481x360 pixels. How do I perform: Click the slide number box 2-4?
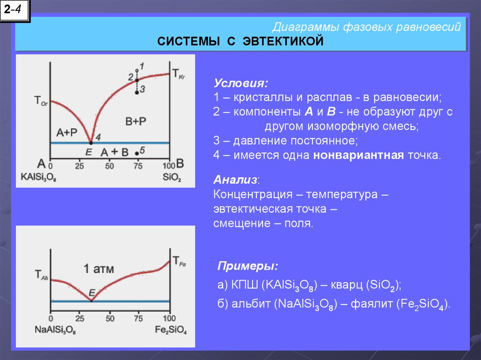click(15, 10)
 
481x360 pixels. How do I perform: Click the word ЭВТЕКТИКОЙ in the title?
click(283, 41)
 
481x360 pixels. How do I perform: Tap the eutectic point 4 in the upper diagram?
click(91, 143)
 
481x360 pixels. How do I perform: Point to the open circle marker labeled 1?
click(137, 70)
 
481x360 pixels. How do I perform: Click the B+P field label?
click(136, 122)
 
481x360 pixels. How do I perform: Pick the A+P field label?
click(67, 132)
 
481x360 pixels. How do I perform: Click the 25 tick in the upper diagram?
click(79, 166)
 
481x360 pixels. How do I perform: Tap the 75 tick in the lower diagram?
click(139, 318)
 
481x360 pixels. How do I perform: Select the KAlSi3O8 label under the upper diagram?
click(39, 177)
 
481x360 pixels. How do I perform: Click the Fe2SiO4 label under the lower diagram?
click(171, 330)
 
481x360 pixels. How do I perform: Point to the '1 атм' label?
click(99, 269)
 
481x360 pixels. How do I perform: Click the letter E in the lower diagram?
click(92, 293)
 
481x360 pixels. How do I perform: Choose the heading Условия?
click(241, 83)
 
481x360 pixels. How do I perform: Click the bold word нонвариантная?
click(358, 155)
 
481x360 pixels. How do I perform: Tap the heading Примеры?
click(248, 266)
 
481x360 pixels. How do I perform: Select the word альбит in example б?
click(252, 304)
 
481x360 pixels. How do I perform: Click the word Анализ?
click(235, 180)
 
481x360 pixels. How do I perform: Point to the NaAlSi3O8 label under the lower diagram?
click(55, 330)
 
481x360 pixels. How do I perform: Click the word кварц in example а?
click(346, 285)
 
